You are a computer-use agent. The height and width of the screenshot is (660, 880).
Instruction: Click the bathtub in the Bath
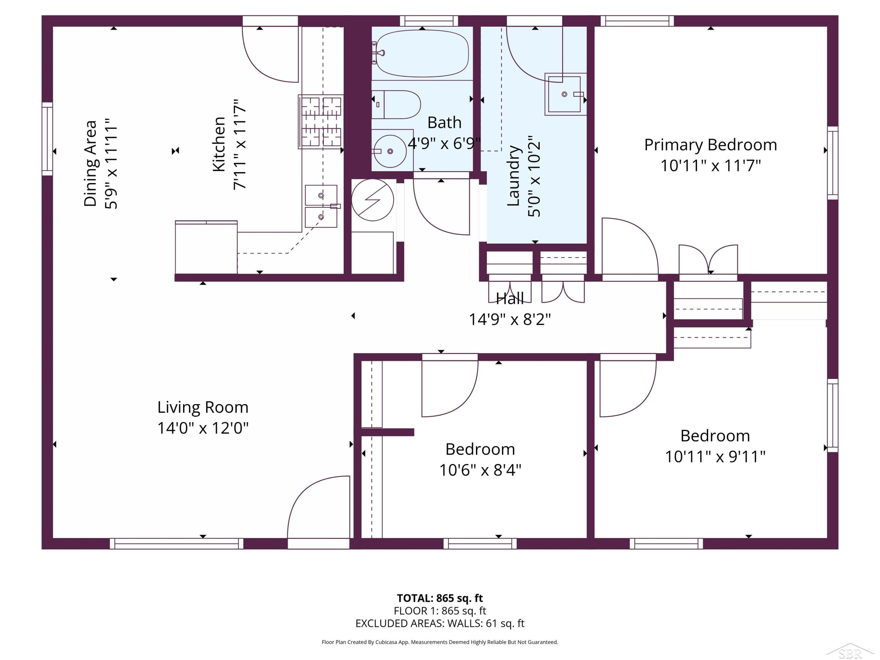(422, 53)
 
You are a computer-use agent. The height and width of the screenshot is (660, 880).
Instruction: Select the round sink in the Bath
(390, 151)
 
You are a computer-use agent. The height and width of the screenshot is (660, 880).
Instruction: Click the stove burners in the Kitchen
(321, 122)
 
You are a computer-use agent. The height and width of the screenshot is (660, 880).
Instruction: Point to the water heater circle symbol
(373, 200)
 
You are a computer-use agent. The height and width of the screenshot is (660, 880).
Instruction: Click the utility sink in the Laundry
(565, 94)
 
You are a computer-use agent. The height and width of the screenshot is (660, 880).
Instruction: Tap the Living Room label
(203, 407)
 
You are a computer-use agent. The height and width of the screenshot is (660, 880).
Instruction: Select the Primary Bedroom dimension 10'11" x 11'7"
(710, 165)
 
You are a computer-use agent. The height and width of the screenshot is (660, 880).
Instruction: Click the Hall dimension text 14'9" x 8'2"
(510, 319)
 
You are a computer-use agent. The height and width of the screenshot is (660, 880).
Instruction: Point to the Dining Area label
(90, 163)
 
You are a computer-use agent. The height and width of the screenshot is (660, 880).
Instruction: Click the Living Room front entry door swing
(319, 507)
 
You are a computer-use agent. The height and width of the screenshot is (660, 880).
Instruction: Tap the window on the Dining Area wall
(47, 139)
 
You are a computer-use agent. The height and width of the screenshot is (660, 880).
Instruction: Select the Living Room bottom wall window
(176, 544)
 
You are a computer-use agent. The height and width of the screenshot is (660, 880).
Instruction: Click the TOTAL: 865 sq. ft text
(440, 598)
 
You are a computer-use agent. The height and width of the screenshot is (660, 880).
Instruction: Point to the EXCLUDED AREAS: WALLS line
(440, 623)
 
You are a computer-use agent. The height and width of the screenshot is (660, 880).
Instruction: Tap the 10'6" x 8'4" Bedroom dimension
(480, 470)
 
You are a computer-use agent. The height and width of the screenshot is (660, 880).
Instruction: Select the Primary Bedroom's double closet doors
(708, 259)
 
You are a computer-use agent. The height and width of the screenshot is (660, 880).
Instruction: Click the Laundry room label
(514, 176)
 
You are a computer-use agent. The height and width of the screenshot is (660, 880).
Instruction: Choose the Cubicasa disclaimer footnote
(440, 642)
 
